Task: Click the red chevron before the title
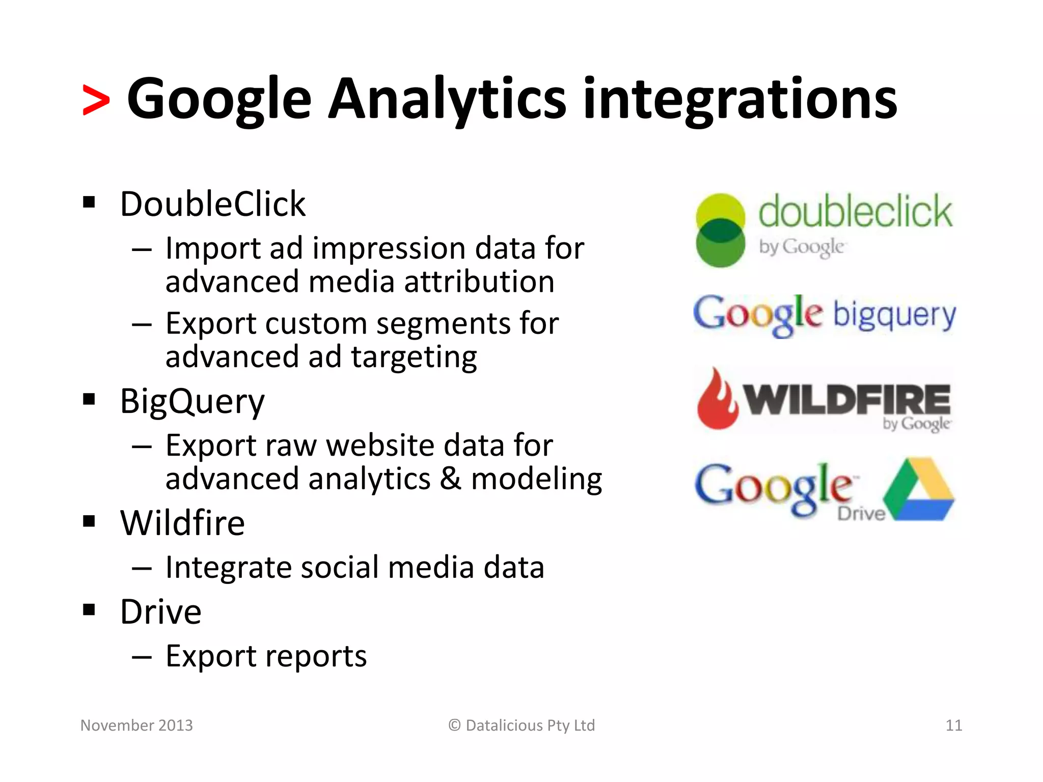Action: tap(96, 100)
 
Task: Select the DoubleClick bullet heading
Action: tap(212, 204)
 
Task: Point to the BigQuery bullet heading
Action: tap(192, 401)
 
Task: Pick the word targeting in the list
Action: tap(414, 357)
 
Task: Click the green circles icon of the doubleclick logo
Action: tap(720, 231)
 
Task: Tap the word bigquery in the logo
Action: tap(894, 315)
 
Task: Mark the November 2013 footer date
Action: tap(136, 725)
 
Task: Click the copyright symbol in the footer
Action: tap(454, 725)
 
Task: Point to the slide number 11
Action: tap(953, 725)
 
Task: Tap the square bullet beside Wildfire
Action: tap(89, 522)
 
